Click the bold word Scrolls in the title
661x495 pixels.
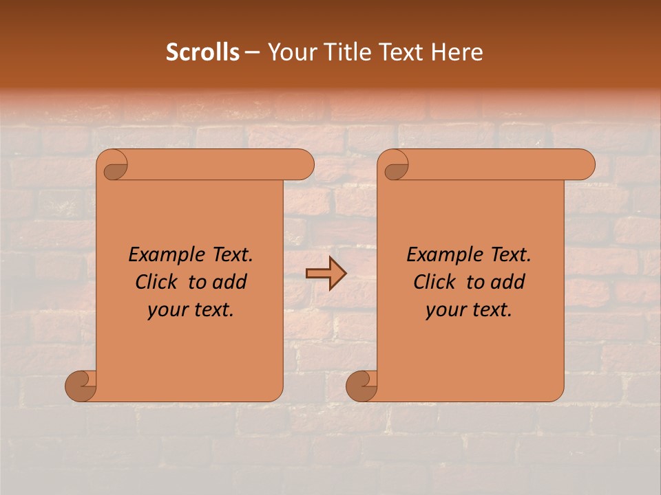pyautogui.click(x=202, y=52)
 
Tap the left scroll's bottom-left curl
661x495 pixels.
pyautogui.click(x=81, y=386)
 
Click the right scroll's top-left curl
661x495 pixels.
pyautogui.click(x=395, y=166)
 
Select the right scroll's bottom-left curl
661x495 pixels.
pyautogui.click(x=361, y=386)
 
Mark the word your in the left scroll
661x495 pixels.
pyautogui.click(x=166, y=311)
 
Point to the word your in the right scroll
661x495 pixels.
pyautogui.click(x=444, y=311)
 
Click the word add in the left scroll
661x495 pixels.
pyautogui.click(x=229, y=282)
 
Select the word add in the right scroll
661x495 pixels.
pyautogui.click(x=507, y=282)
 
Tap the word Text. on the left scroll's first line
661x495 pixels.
pyautogui.click(x=231, y=255)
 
